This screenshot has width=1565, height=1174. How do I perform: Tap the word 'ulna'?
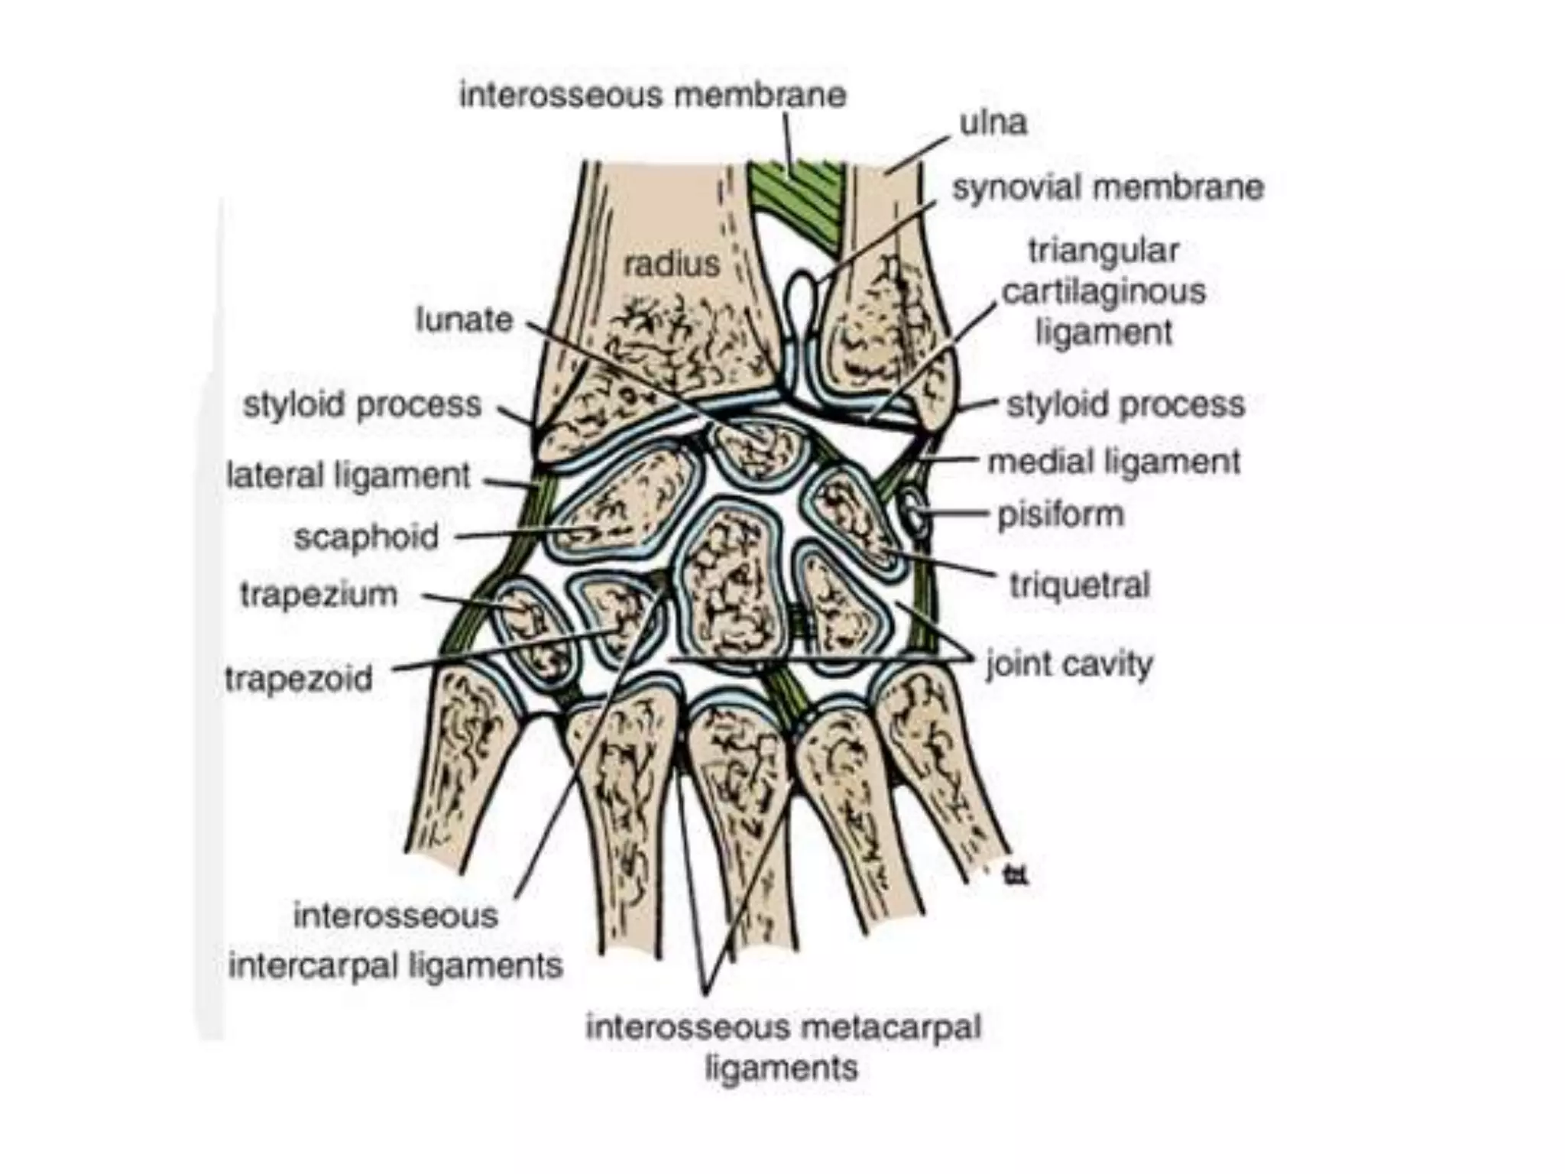click(993, 122)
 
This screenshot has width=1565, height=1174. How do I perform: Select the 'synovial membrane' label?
click(1107, 188)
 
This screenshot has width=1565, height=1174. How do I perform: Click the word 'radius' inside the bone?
click(672, 264)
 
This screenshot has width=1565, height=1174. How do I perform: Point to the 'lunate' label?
click(464, 319)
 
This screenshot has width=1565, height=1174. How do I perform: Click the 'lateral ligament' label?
click(348, 476)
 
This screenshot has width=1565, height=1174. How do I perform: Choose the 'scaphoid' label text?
click(366, 537)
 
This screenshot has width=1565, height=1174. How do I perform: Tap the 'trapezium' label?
click(319, 595)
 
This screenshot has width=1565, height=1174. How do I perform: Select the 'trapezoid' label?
click(299, 679)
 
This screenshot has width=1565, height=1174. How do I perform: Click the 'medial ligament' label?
click(1113, 462)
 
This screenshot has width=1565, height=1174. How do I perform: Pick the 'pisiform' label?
click(1061, 514)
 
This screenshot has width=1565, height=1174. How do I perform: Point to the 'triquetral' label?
click(1079, 585)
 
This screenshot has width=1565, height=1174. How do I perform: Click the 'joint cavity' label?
click(1069, 663)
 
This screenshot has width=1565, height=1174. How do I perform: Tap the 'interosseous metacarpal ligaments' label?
click(782, 1047)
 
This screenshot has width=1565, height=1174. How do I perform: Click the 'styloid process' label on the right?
click(1125, 404)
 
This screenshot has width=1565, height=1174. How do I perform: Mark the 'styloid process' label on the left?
click(362, 404)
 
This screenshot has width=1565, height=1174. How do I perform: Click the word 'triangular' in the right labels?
click(1103, 251)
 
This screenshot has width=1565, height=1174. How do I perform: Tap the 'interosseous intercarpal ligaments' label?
click(395, 941)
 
